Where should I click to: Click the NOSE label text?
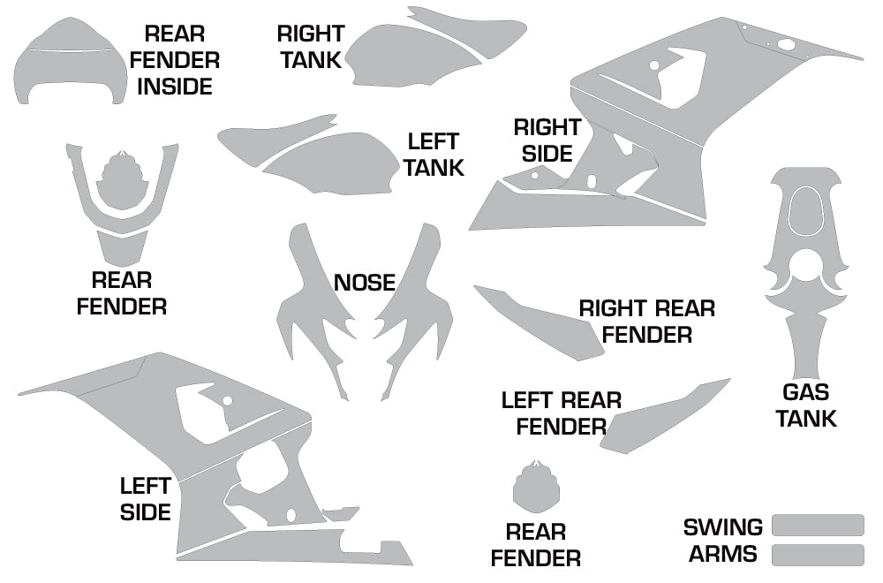coord(364,283)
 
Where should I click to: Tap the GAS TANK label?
coord(806,405)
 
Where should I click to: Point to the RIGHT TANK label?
coord(310,47)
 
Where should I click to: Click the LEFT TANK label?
coord(434,155)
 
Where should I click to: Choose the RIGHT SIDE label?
coord(547,140)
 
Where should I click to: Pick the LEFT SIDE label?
coord(146,498)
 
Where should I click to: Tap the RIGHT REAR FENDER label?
coord(647,322)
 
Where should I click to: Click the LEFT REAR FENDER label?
coord(561,413)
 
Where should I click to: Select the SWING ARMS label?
coord(722,541)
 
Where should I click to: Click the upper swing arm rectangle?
coord(818,525)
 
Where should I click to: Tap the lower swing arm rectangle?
coord(818,555)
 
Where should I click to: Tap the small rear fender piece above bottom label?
coord(537,488)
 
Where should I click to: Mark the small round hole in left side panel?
coord(227,401)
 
